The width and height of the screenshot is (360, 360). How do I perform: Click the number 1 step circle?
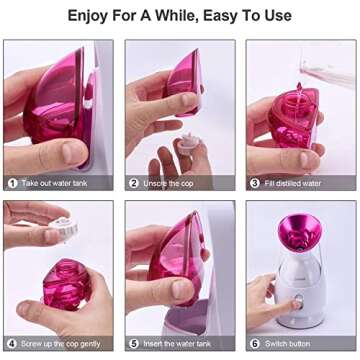12,183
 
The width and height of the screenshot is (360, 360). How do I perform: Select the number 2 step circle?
133,183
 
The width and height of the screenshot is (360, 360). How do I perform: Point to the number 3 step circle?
254,183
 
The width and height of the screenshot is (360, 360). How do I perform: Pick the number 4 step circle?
12,344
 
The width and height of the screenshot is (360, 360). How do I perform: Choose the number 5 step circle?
133,344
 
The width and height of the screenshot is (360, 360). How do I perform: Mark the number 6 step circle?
254,344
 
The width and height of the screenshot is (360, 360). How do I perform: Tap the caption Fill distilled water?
299,183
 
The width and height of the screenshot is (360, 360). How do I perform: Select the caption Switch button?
291,344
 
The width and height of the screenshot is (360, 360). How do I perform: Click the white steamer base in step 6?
295,300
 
